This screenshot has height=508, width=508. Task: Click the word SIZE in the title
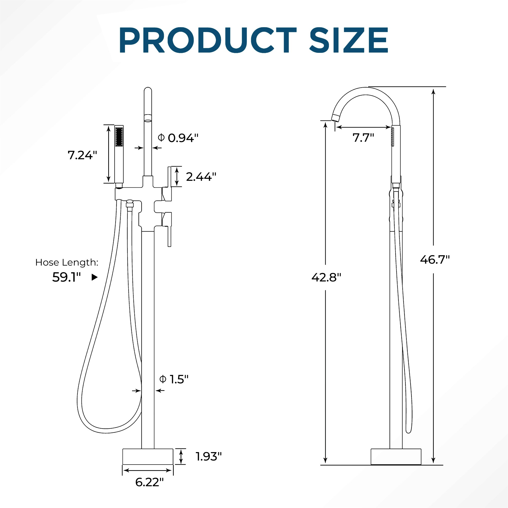349,40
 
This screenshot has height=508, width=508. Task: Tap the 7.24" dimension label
82,155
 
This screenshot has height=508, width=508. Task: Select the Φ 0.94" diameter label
178,138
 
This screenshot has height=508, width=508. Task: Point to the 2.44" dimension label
201,177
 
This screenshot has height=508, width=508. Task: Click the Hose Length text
67,262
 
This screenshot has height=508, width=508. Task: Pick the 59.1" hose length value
66,277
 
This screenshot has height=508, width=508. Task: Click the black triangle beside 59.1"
94,277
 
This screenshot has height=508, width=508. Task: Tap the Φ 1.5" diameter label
174,379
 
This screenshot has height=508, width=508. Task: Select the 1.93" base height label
209,456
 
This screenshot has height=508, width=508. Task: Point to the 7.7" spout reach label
363,137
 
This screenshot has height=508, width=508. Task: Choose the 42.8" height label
326,277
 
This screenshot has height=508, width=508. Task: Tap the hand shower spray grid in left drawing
119,137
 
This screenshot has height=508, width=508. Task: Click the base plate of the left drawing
148,457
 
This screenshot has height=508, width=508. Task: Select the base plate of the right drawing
396,457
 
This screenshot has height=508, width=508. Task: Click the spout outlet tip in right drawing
335,118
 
